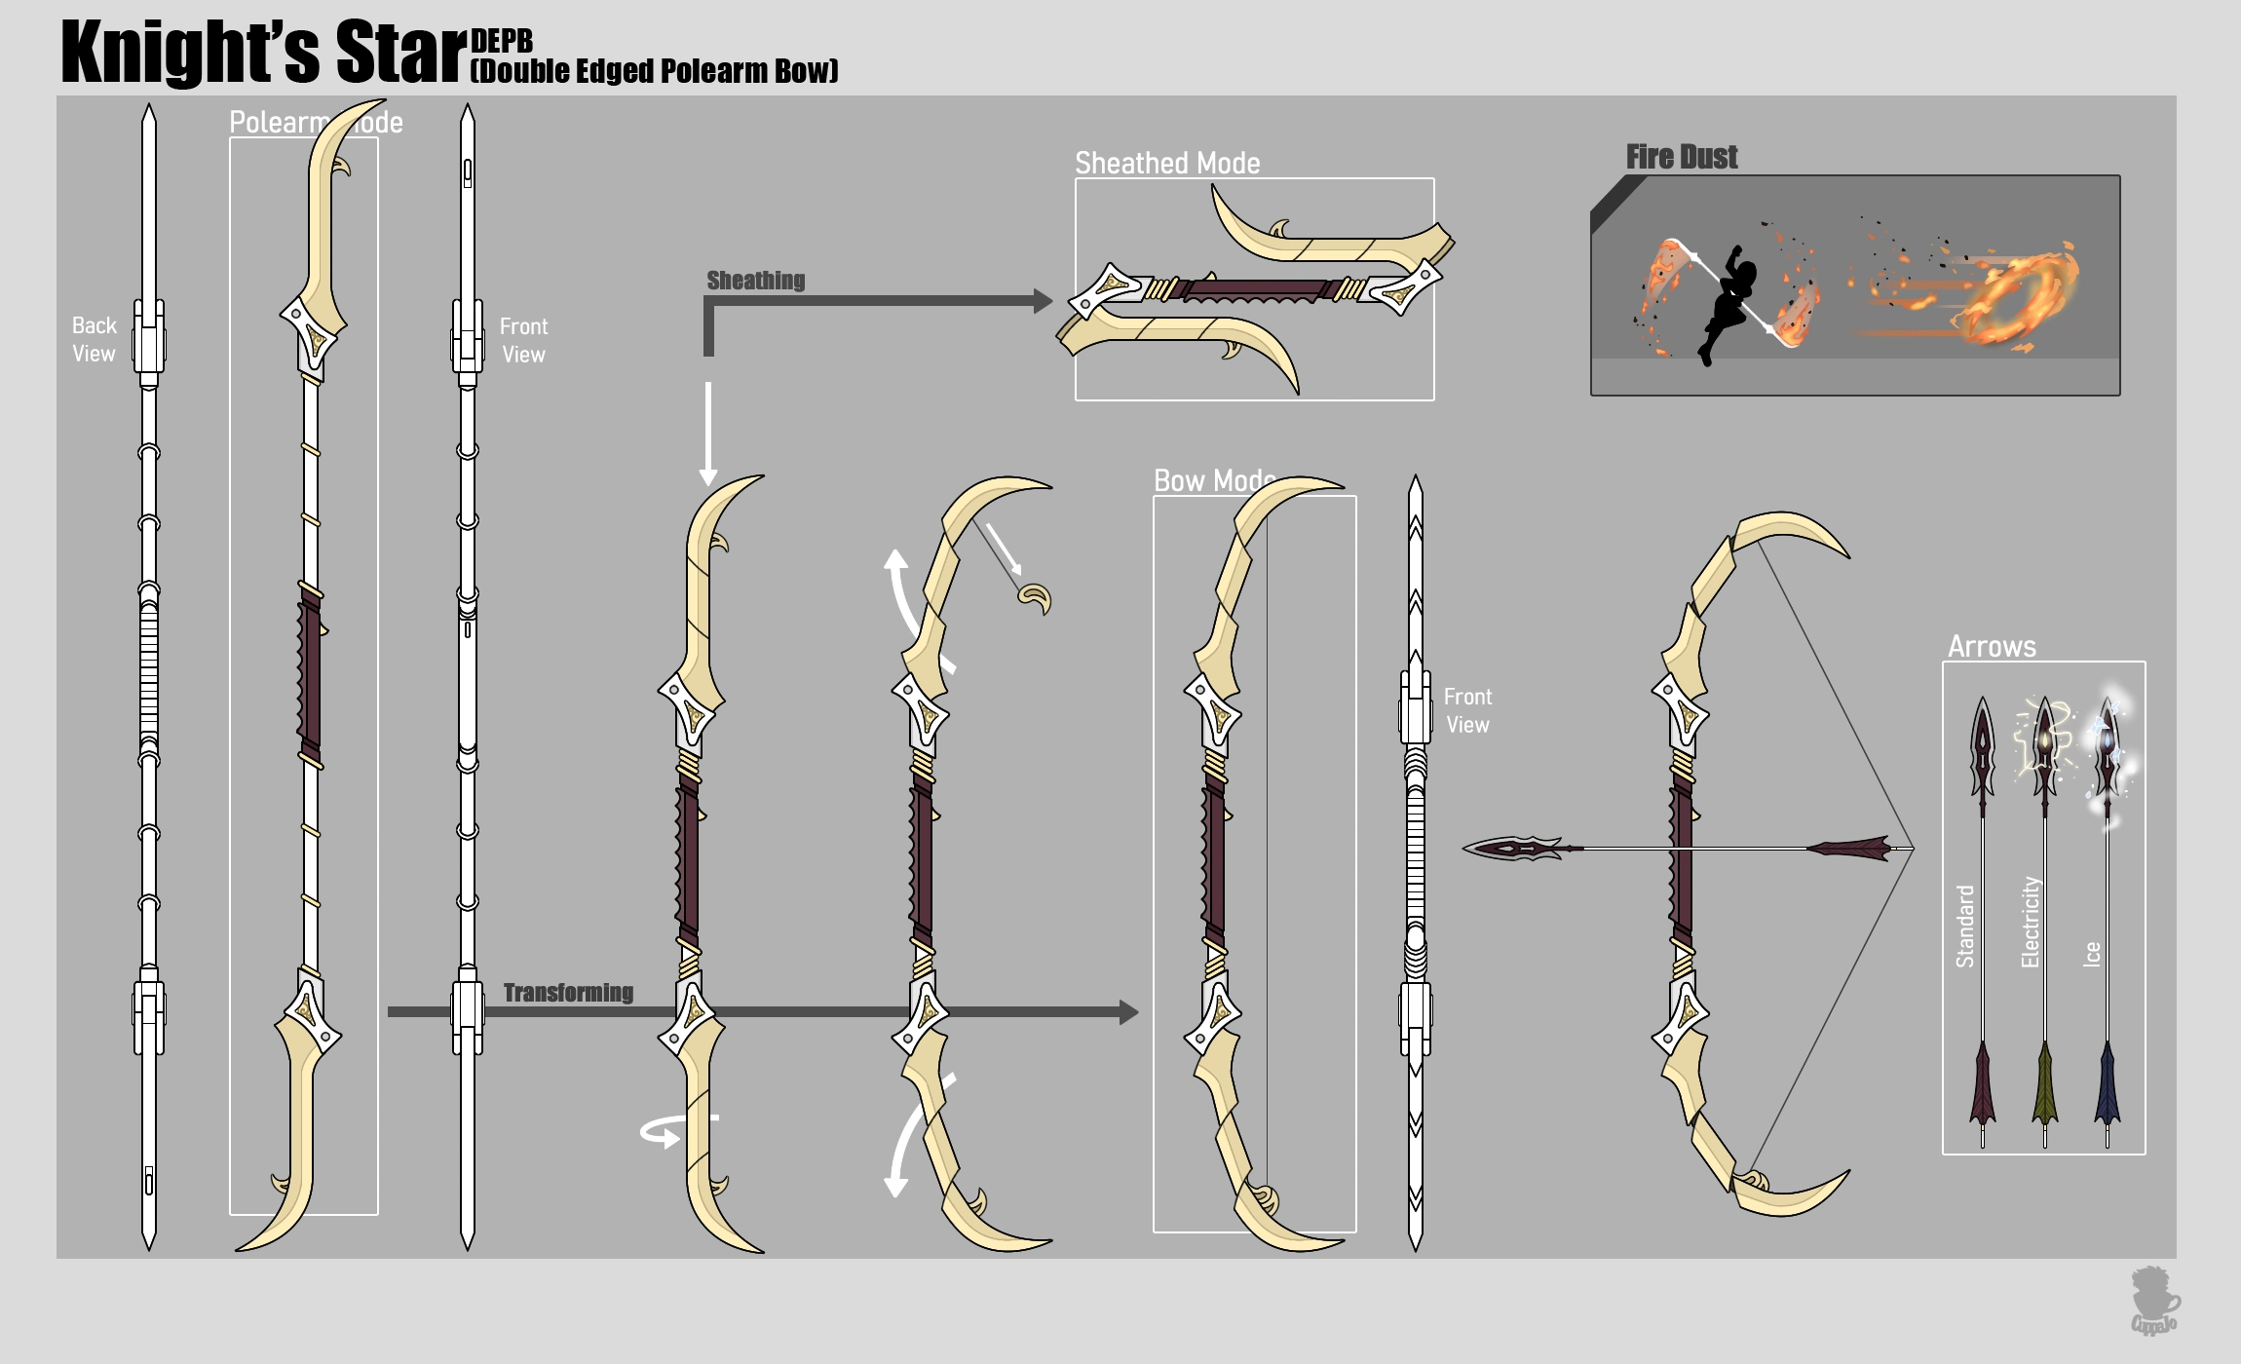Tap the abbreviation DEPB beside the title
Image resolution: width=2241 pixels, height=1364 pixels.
[x=502, y=41]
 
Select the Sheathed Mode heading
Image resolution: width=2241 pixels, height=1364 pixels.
[x=1167, y=163]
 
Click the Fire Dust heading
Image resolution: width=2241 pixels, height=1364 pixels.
[x=1682, y=157]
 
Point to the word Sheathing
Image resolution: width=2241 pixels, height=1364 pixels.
[x=756, y=281]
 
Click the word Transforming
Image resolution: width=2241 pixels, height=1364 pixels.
[x=568, y=993]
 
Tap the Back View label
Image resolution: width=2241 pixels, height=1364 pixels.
[x=94, y=339]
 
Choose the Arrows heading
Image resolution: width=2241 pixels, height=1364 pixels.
[x=1992, y=647]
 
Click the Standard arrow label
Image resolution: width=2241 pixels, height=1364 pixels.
[x=1965, y=926]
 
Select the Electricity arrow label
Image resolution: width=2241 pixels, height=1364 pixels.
[x=2031, y=922]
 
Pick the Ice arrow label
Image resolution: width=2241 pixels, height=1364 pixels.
[x=2091, y=953]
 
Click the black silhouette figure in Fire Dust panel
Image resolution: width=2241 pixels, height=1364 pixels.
[x=1727, y=302]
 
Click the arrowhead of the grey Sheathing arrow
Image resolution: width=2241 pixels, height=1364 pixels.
[x=1043, y=301]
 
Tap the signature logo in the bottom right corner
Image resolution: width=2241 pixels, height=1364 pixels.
[x=2154, y=1301]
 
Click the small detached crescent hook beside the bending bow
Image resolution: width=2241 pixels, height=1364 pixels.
[x=1035, y=598]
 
